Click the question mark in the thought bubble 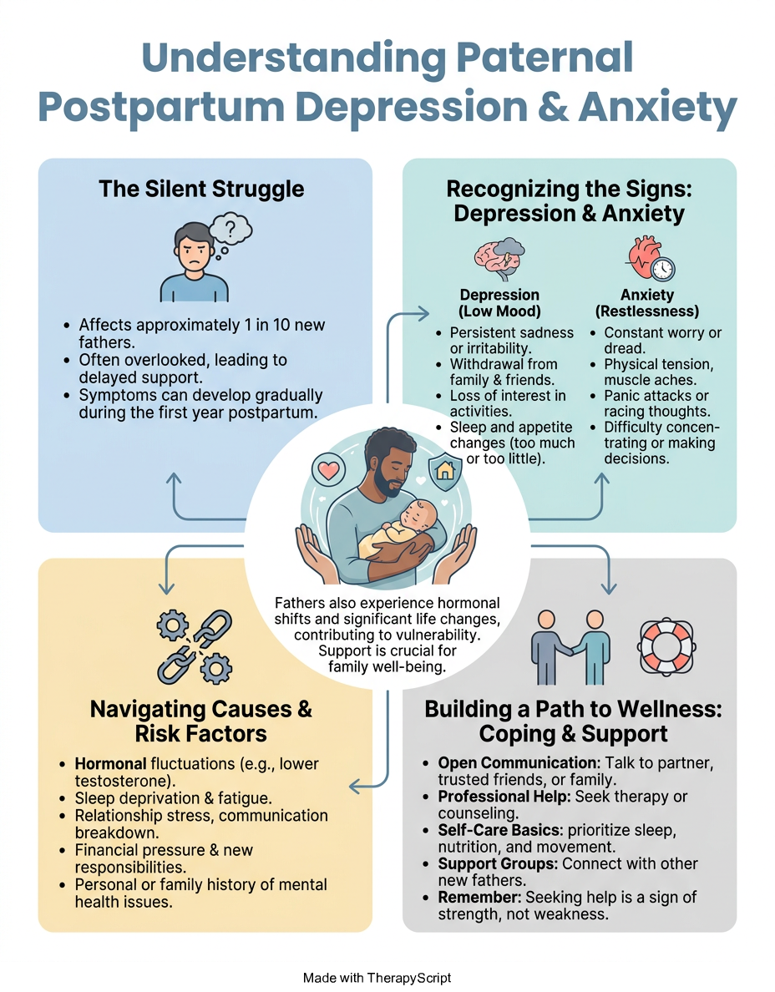(x=231, y=229)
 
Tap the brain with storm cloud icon (x=499, y=258)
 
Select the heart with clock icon (x=651, y=258)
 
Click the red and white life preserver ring (x=666, y=647)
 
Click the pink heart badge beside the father (x=328, y=469)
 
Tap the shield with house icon (x=445, y=469)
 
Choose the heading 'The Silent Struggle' (x=201, y=189)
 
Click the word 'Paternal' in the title (x=544, y=58)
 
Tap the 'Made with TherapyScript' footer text (x=377, y=978)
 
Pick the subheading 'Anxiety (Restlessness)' (x=647, y=303)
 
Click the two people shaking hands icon (x=570, y=647)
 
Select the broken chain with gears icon (x=195, y=646)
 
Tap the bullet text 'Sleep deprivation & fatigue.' (x=174, y=798)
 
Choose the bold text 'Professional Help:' (x=489, y=797)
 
